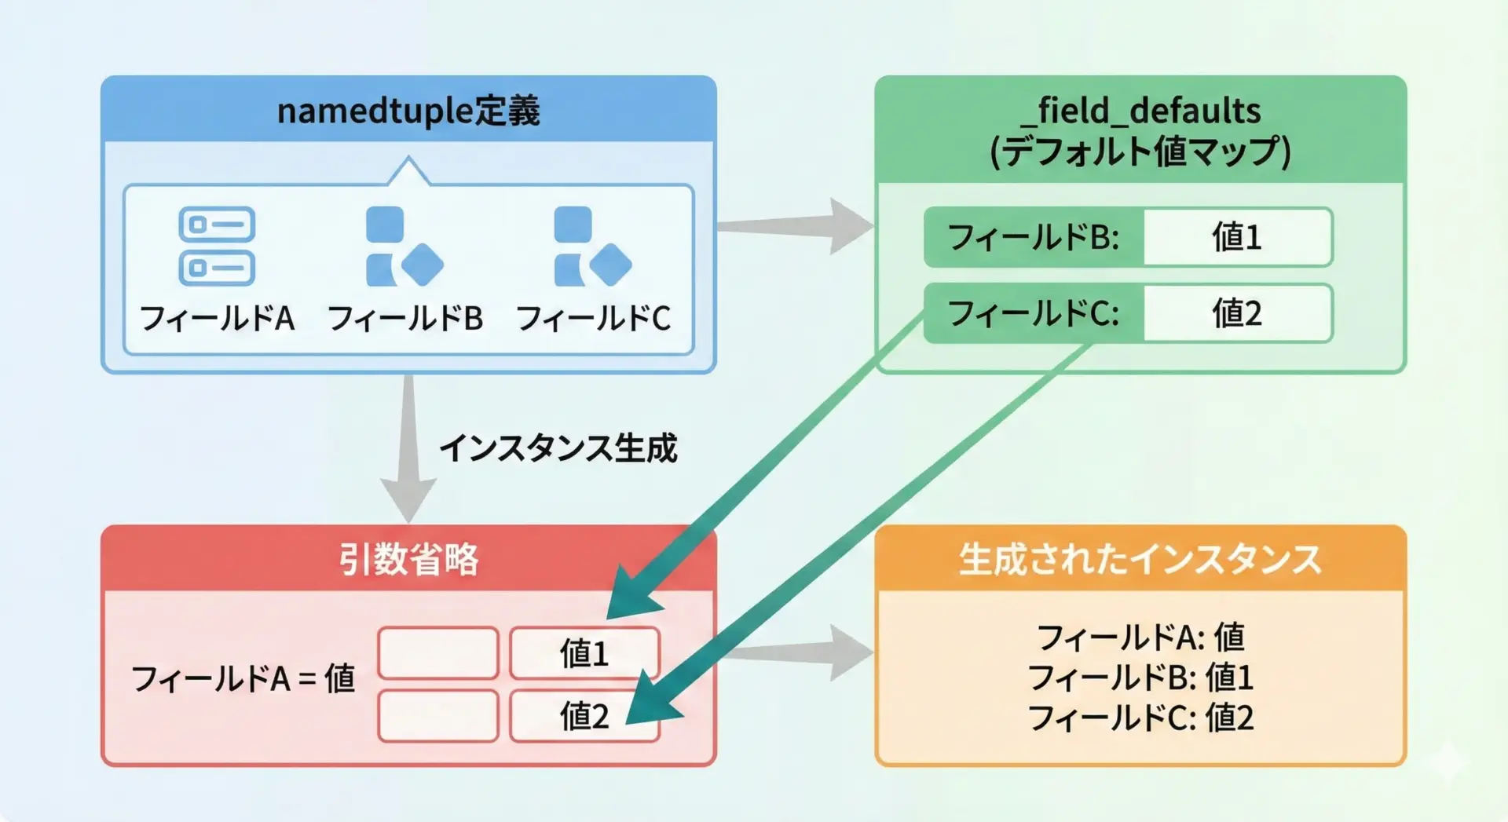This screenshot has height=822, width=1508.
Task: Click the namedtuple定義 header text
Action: tap(408, 111)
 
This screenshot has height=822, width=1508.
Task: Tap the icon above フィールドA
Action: tap(217, 246)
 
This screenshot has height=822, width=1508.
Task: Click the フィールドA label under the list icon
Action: tap(217, 319)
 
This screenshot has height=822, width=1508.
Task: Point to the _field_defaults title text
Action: tap(1140, 111)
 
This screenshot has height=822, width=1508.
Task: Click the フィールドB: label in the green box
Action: tap(1034, 237)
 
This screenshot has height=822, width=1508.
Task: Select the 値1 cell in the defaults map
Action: tap(1237, 237)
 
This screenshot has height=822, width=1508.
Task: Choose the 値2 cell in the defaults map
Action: tap(1237, 313)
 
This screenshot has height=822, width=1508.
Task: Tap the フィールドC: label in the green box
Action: tap(1034, 313)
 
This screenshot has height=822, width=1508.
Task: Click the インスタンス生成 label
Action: tap(558, 448)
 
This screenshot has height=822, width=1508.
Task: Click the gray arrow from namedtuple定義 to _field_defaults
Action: tap(793, 226)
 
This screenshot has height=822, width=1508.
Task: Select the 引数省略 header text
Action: tap(408, 560)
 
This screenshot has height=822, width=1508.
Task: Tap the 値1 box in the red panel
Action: tap(584, 653)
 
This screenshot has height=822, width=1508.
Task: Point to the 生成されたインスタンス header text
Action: tap(1140, 560)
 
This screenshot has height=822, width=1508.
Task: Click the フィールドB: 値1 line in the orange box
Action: tap(1140, 678)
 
